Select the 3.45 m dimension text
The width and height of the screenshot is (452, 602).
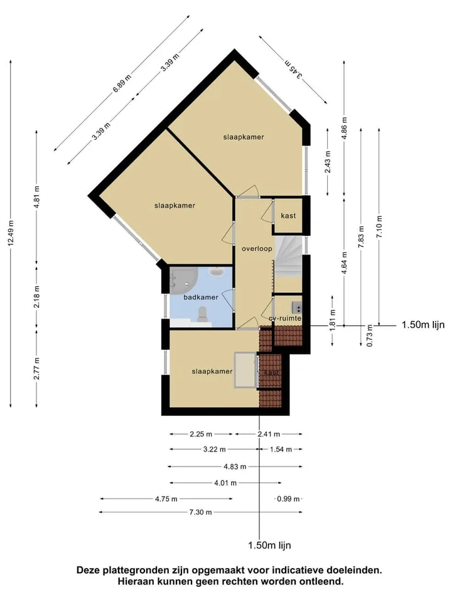pyautogui.click(x=293, y=70)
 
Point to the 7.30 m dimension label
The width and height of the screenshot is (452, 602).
pyautogui.click(x=203, y=512)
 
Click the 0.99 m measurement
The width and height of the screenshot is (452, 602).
pyautogui.click(x=289, y=499)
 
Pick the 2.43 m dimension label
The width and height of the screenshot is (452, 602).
pyautogui.click(x=328, y=162)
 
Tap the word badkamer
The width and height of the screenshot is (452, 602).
pyautogui.click(x=201, y=297)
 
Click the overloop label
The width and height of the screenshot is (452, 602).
pyautogui.click(x=257, y=249)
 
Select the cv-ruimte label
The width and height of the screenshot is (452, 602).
pyautogui.click(x=285, y=319)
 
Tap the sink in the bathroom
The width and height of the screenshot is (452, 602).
pyautogui.click(x=217, y=272)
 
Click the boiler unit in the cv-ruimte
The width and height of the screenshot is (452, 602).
pyautogui.click(x=297, y=307)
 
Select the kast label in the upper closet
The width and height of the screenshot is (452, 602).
pyautogui.click(x=288, y=216)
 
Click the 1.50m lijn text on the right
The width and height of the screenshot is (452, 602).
pyautogui.click(x=422, y=325)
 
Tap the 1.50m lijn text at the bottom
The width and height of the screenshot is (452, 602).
pyautogui.click(x=269, y=545)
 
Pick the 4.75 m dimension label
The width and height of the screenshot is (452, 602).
pyautogui.click(x=166, y=499)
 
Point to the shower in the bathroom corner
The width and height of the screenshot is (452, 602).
pyautogui.click(x=183, y=278)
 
